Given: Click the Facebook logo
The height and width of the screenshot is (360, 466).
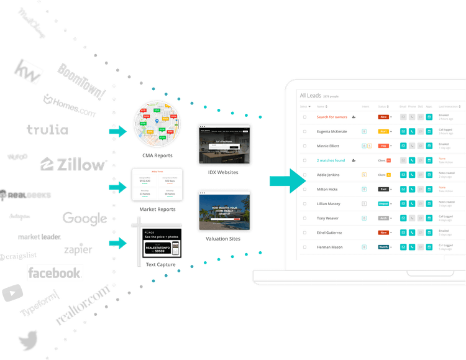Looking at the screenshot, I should click(x=55, y=272).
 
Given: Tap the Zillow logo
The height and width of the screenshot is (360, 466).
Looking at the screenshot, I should click(x=73, y=165).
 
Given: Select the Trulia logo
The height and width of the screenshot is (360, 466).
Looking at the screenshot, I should click(x=47, y=131).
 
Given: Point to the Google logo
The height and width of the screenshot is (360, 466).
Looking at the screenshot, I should click(x=85, y=218).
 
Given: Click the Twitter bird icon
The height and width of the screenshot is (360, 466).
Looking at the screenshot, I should click(x=27, y=342).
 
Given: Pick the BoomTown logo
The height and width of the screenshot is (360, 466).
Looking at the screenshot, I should click(x=81, y=80).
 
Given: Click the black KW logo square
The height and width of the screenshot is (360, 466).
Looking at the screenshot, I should click(x=29, y=72).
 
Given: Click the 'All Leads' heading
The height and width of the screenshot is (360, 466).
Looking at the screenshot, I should click(x=312, y=95).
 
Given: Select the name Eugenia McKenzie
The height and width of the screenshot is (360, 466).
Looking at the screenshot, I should click(x=332, y=131).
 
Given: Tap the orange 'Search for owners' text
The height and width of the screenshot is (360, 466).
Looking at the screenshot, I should click(x=332, y=117).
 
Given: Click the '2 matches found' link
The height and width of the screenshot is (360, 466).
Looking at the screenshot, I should click(x=331, y=160).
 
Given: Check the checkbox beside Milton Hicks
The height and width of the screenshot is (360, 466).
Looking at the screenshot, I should click(x=304, y=189).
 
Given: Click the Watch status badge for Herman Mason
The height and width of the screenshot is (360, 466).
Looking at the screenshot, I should click(x=383, y=247).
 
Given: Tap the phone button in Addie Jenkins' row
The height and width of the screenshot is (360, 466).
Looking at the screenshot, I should click(x=411, y=175).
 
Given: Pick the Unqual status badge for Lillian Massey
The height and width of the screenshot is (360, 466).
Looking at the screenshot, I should click(x=383, y=203).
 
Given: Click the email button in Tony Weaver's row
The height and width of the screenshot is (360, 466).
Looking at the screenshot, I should click(x=402, y=218).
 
